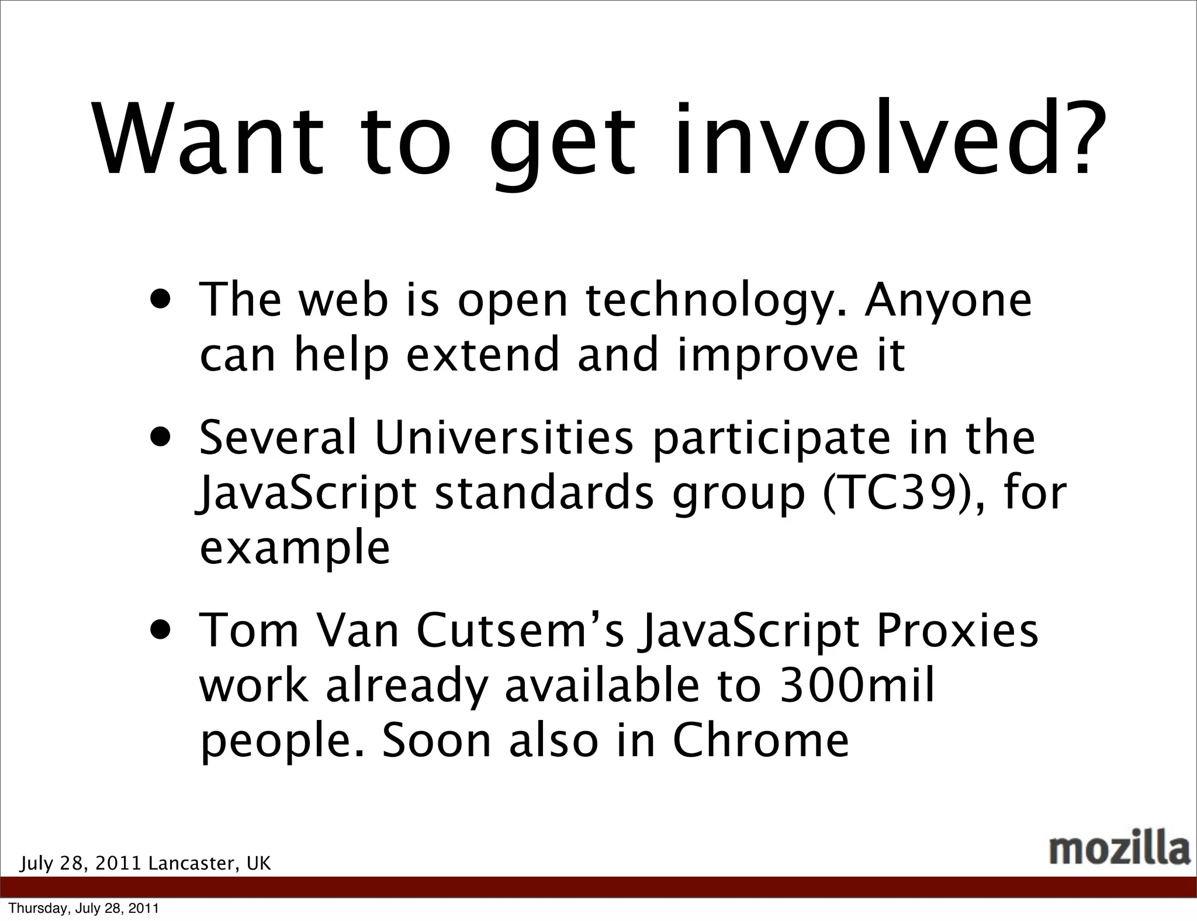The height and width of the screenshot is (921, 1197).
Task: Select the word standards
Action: (544, 494)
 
